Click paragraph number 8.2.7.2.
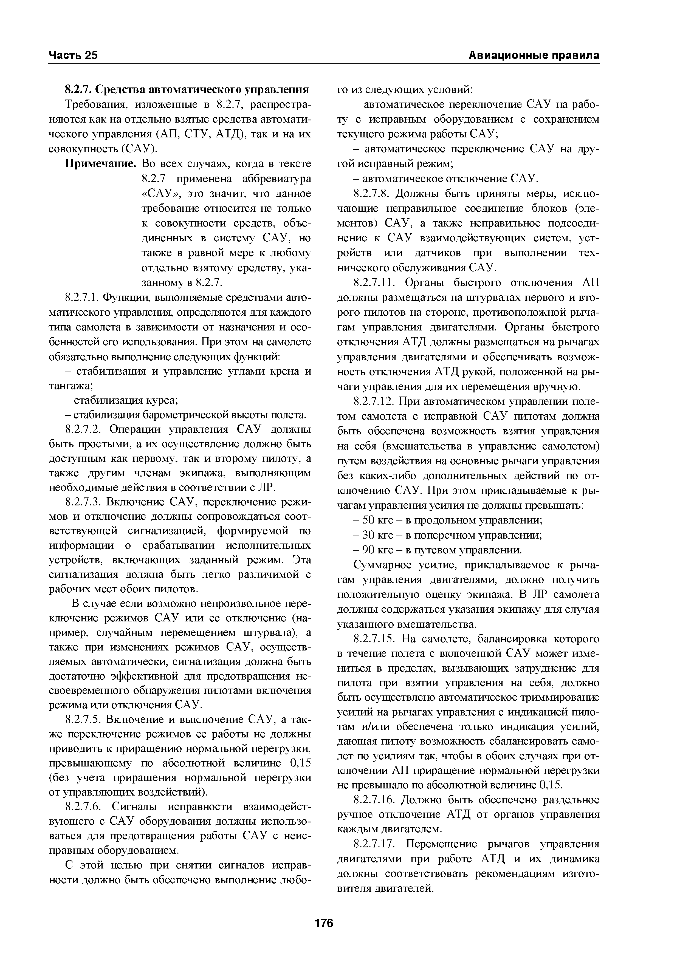point(83,430)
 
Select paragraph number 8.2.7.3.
point(83,502)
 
